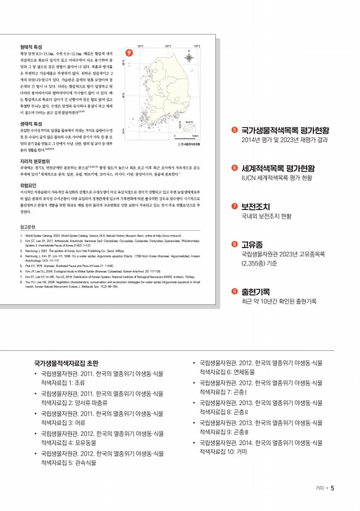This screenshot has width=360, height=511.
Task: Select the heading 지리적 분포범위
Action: (x=34, y=160)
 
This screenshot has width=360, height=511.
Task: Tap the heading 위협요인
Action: (x=28, y=185)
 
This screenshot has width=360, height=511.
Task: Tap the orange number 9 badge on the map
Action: (x=129, y=53)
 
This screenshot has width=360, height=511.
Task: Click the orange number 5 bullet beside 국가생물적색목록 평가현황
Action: (x=235, y=130)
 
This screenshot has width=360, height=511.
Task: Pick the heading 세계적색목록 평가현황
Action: (x=278, y=167)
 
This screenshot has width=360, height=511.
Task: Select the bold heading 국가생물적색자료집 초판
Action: (x=66, y=364)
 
